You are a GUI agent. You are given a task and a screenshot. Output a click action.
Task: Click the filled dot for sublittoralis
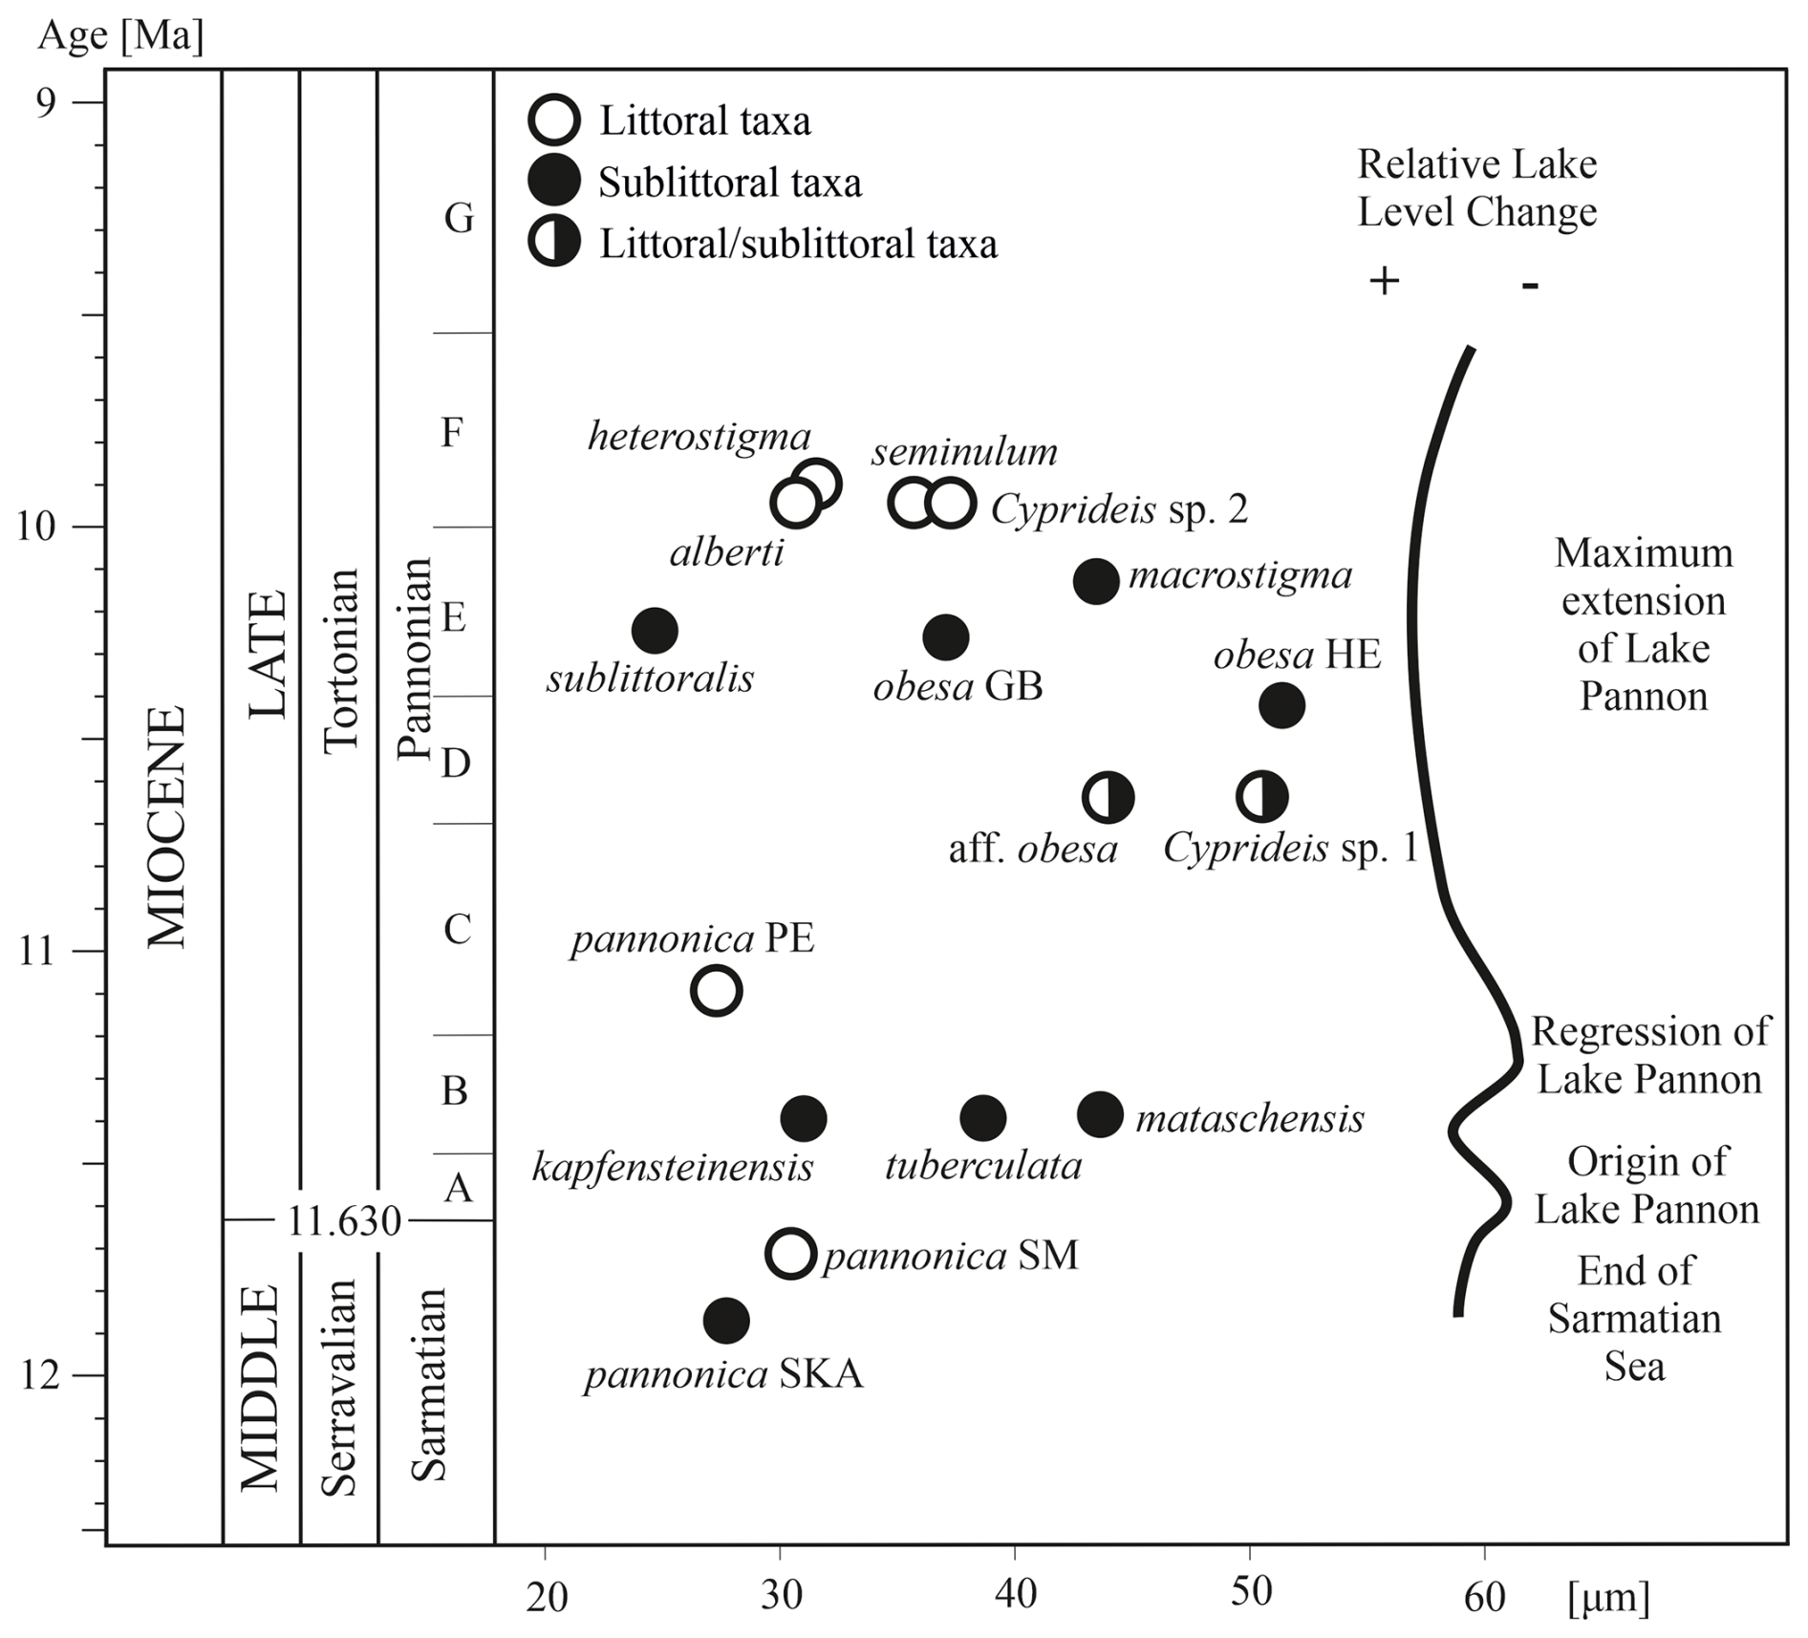655,631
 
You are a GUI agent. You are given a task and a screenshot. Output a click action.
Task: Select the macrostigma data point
1096,581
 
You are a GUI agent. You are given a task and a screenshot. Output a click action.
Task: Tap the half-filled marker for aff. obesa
1108,797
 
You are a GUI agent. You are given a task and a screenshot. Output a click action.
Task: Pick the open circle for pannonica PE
716,991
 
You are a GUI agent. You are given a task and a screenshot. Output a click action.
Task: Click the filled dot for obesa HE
1281,706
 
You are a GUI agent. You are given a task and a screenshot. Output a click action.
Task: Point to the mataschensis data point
1100,1114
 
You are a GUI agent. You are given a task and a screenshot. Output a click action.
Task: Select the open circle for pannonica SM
791,1254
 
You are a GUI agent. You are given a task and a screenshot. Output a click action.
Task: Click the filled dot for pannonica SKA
726,1321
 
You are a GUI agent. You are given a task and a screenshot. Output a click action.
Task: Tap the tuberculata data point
983,1117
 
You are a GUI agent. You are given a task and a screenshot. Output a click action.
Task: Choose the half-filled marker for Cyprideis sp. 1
1262,796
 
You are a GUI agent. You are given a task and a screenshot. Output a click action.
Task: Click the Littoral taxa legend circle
554,120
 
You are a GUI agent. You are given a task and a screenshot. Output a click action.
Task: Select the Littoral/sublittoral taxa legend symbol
554,243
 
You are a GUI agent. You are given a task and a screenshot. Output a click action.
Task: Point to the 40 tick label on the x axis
1015,1595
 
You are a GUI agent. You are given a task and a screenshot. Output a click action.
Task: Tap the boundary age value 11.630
344,1220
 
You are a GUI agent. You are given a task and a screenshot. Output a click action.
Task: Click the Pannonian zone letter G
459,219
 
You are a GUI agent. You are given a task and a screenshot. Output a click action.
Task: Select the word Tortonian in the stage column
341,661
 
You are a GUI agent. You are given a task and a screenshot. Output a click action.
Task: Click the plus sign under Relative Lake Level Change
1384,281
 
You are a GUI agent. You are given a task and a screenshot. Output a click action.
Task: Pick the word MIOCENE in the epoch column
166,828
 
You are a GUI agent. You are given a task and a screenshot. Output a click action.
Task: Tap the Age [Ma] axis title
120,36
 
